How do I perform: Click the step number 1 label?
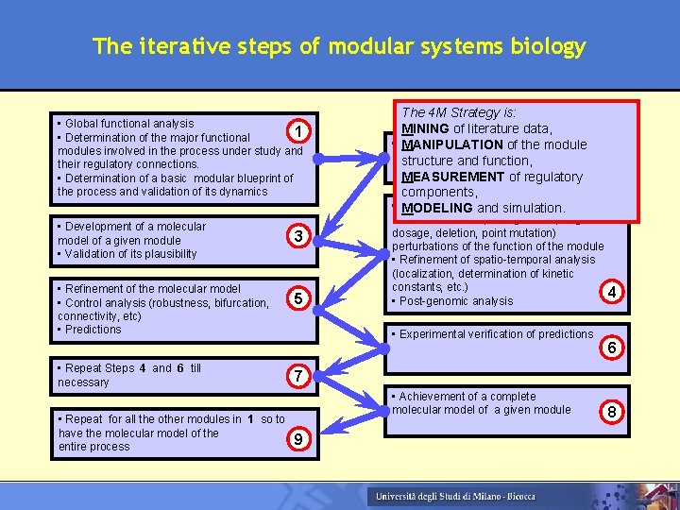(297, 132)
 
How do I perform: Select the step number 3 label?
(297, 236)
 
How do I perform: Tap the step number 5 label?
(297, 299)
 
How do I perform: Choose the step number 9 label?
(297, 438)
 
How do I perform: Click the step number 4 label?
(612, 293)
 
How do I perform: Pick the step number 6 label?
(612, 348)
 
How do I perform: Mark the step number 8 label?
(612, 411)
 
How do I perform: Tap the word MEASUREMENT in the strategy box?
(453, 177)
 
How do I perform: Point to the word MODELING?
(437, 208)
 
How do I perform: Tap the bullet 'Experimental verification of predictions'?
(495, 333)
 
